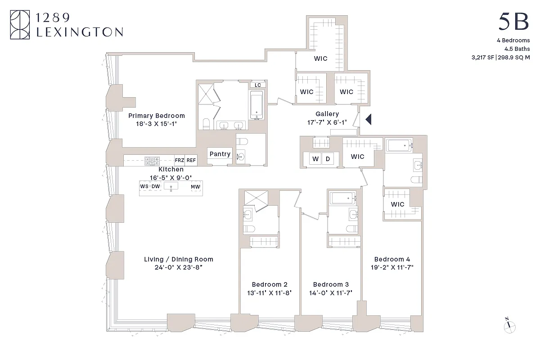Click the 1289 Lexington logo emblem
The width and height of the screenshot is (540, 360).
[x=20, y=25]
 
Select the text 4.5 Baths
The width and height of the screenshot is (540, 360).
[x=517, y=49]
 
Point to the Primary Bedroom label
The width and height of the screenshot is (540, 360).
[x=156, y=116]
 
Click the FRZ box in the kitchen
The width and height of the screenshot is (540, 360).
[x=180, y=160]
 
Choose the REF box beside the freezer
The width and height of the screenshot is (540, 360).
[x=191, y=160]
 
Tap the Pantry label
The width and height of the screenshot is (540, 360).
[x=220, y=154]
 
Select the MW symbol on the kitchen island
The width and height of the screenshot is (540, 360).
[x=195, y=186]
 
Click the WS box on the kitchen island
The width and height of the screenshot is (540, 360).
[x=144, y=186]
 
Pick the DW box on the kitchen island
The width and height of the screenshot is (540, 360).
[x=155, y=186]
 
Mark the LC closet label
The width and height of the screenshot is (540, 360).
[x=258, y=85]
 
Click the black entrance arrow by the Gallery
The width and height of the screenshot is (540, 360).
[x=368, y=119]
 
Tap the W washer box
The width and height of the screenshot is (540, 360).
[x=315, y=158]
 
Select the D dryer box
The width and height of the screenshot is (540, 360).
[x=328, y=158]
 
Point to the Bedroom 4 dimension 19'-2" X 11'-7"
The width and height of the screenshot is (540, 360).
[x=392, y=267]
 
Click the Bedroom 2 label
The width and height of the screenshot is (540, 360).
[x=270, y=284]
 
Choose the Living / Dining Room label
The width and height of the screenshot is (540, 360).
[x=179, y=259]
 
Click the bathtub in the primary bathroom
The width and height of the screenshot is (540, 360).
[x=256, y=105]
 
